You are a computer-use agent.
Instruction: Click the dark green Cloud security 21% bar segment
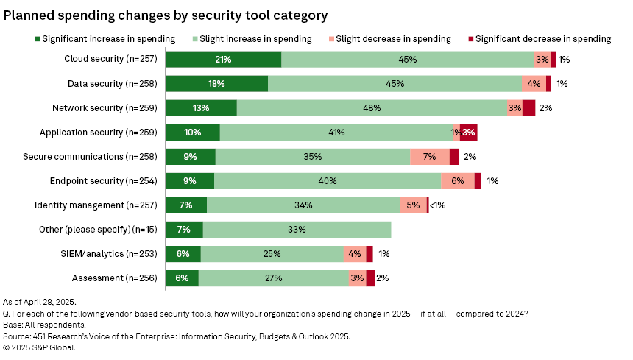223,60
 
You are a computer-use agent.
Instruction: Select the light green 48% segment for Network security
372,108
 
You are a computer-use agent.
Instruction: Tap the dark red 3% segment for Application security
469,133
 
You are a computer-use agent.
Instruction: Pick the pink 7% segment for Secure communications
430,157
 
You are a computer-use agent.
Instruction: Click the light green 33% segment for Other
297,230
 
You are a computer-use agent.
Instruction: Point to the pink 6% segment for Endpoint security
457,181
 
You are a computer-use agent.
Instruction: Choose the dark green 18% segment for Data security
216,84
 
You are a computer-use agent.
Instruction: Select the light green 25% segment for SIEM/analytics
272,254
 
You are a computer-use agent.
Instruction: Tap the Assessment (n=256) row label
116,278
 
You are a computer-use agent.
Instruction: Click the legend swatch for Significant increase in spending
38,38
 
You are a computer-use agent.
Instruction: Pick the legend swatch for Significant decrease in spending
470,38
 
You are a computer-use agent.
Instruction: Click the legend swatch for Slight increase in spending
185,38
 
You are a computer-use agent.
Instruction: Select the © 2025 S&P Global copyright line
40,347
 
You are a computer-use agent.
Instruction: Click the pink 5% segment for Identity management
413,205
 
